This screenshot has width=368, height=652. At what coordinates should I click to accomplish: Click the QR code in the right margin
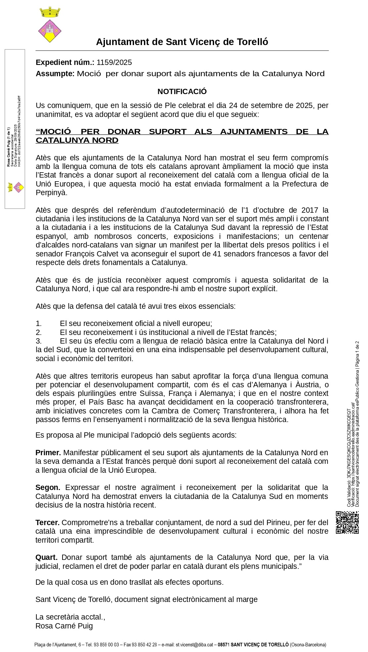click(x=347, y=522)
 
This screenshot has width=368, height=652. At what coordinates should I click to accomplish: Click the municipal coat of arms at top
click(x=50, y=25)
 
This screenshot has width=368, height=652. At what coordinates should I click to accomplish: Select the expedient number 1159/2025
click(x=114, y=62)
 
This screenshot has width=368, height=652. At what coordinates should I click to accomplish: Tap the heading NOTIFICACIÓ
click(x=182, y=91)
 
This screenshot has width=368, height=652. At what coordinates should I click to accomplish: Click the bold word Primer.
click(x=48, y=453)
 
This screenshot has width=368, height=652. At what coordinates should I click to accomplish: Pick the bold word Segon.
click(x=48, y=487)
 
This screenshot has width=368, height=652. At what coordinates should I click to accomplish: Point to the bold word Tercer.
click(x=47, y=522)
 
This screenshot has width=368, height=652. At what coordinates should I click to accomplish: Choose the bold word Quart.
click(x=46, y=557)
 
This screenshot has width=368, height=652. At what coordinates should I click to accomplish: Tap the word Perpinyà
click(x=51, y=192)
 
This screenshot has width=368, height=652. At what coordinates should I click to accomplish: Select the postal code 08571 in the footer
click(x=224, y=645)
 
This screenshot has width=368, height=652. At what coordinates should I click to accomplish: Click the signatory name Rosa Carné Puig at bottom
click(x=64, y=626)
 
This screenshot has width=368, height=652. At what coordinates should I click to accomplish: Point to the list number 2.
click(x=39, y=332)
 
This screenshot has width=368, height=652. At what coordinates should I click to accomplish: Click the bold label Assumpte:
click(x=55, y=74)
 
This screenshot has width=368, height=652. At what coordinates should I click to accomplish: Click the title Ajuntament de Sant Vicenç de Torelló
click(x=182, y=42)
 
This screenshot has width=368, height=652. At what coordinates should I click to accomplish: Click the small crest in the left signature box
click(x=16, y=187)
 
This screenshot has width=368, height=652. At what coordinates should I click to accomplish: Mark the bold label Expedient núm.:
click(x=65, y=62)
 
